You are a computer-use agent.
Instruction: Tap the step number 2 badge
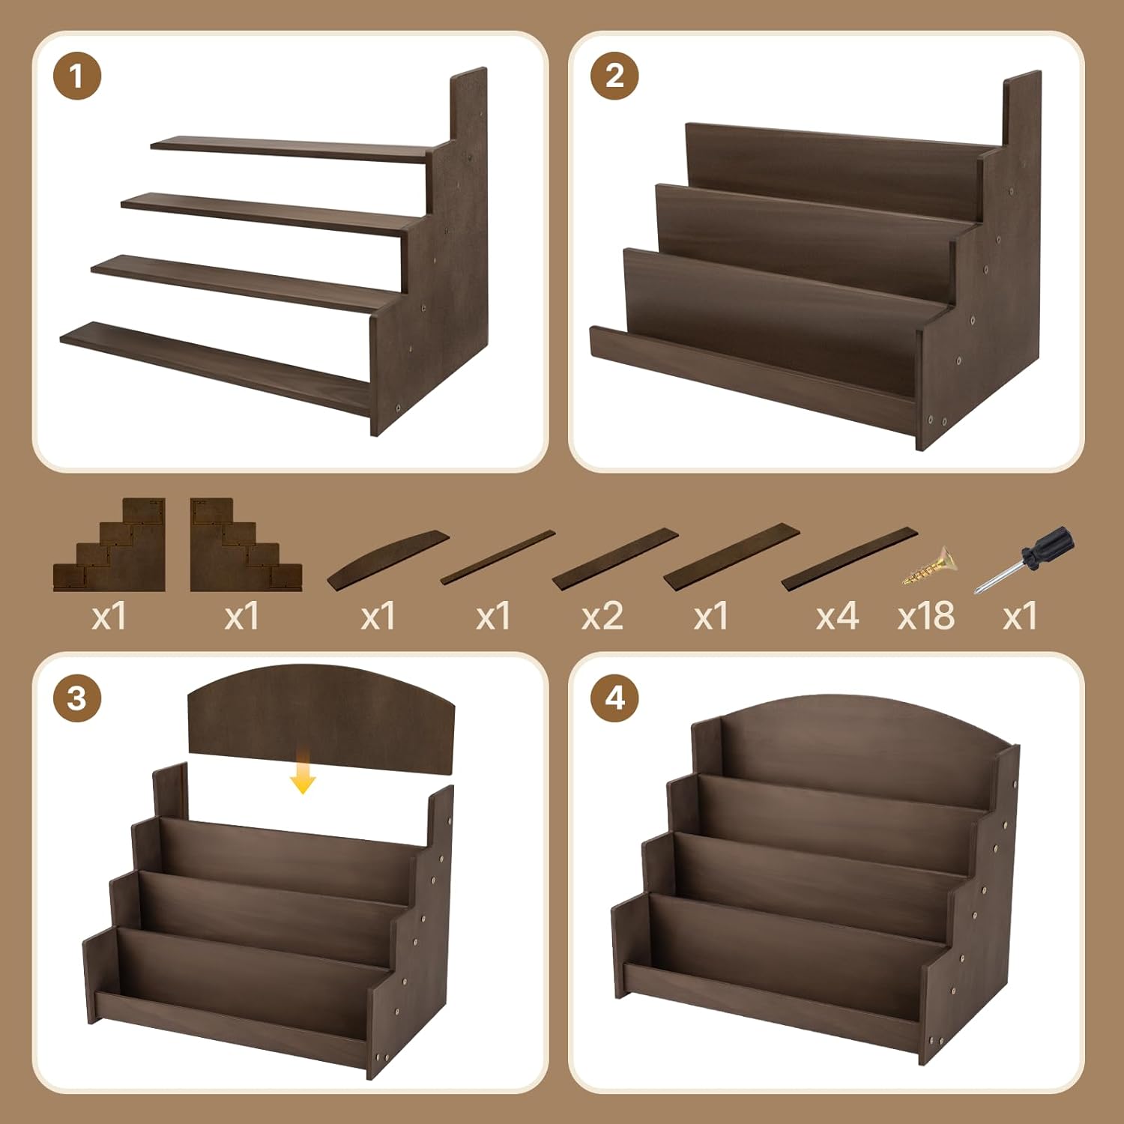pyautogui.click(x=614, y=76)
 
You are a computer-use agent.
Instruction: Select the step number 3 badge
pyautogui.click(x=77, y=698)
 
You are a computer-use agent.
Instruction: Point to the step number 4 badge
pyautogui.click(x=614, y=698)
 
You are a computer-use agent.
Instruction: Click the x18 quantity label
pyautogui.click(x=926, y=616)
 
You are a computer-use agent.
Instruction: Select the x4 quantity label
pyautogui.click(x=837, y=617)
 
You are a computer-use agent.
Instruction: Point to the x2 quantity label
pyautogui.click(x=602, y=617)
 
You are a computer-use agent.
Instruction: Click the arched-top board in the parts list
pyautogui.click(x=387, y=559)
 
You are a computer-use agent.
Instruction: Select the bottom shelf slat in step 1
pyautogui.click(x=215, y=369)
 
